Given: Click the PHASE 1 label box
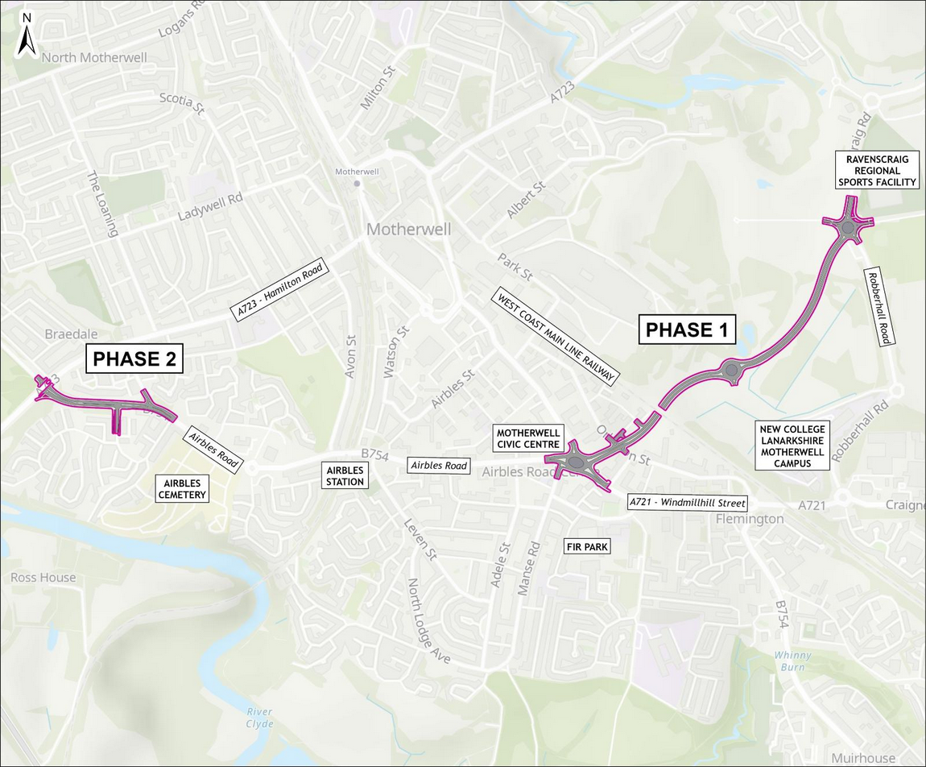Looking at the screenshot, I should [688, 330].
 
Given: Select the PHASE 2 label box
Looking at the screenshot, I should [134, 359].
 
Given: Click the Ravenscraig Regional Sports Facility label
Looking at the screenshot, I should [877, 171].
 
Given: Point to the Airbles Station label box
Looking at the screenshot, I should [345, 475].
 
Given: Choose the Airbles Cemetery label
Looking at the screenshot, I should [182, 488].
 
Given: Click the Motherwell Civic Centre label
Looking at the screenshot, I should [528, 438].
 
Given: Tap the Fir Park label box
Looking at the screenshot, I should [586, 547].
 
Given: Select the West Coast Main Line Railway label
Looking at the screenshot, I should [556, 336].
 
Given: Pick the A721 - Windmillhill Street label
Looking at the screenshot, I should [687, 503].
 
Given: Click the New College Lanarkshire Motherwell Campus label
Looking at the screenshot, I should [792, 446].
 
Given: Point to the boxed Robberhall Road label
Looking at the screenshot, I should [877, 307].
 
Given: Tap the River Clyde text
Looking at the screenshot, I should [260, 718].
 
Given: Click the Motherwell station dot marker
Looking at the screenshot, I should [357, 184].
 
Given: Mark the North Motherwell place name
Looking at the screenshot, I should [83, 57].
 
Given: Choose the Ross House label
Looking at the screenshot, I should [43, 578].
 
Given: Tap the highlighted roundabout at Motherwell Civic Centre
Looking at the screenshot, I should [576, 462].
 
